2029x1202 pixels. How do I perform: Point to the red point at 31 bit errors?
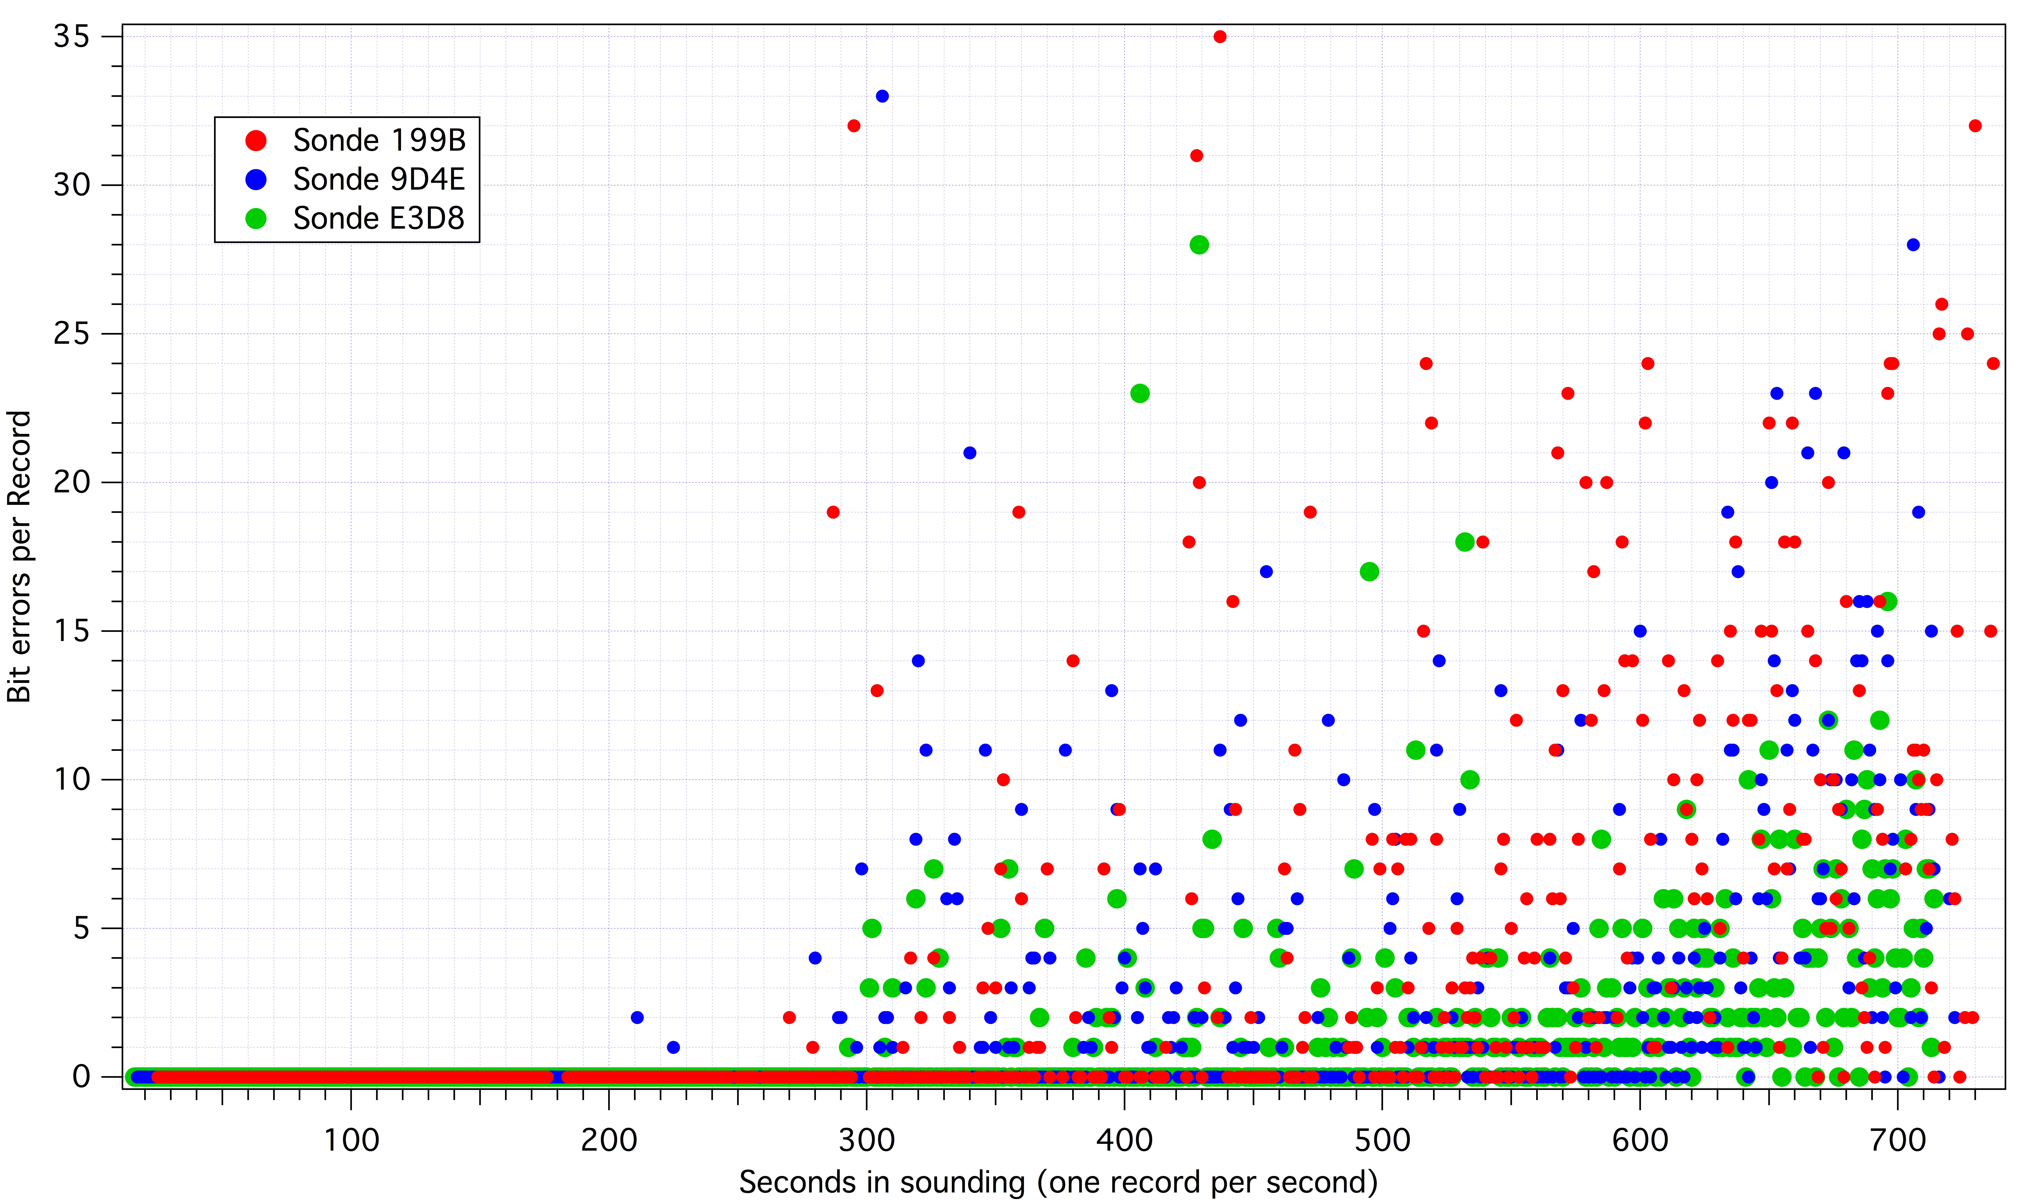(1196, 156)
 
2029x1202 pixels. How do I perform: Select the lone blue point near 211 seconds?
(637, 1017)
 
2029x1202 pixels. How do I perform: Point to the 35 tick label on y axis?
(71, 37)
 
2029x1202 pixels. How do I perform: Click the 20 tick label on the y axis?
(71, 482)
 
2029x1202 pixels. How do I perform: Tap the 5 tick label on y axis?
(81, 928)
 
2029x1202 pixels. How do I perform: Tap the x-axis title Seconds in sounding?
(1058, 1183)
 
